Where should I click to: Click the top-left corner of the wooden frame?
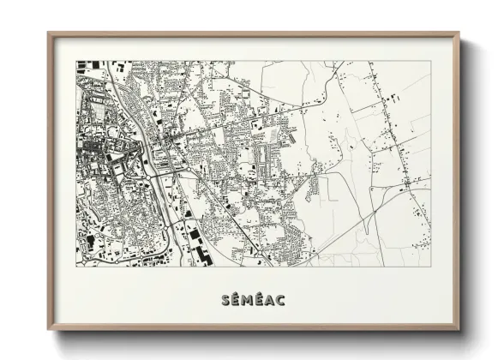coord(49,33)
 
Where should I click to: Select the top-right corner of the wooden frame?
coord(459,33)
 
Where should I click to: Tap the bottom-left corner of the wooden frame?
coord(49,330)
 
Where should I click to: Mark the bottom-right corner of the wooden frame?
coord(459,330)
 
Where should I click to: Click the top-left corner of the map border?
coord(76,61)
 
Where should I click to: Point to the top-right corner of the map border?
coord(430,61)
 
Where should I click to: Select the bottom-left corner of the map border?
coord(76,267)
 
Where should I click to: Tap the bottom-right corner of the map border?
coord(430,267)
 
